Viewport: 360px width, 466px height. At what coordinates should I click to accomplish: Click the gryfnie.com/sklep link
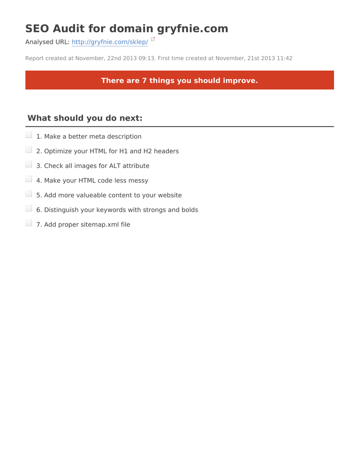110,42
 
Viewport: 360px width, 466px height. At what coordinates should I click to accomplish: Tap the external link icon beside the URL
153,39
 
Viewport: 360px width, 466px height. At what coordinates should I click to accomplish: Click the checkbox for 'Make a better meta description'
29,135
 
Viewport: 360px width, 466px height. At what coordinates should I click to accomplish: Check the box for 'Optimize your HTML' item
29,150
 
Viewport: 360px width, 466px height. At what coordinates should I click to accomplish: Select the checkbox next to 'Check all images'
29,164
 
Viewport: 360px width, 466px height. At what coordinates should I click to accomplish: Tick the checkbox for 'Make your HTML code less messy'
29,179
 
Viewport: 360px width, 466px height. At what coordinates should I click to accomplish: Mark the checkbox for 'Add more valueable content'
29,194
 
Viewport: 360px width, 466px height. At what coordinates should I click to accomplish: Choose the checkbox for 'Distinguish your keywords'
29,208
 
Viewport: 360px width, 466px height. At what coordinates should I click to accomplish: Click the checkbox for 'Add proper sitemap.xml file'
29,223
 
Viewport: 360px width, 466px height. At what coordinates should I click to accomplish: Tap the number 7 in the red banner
144,81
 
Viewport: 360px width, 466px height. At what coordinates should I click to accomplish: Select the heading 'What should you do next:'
85,118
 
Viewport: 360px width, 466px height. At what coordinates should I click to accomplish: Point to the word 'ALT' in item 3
115,166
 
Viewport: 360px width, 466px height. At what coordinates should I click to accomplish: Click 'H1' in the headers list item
123,151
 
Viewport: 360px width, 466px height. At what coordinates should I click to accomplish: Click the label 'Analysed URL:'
47,42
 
